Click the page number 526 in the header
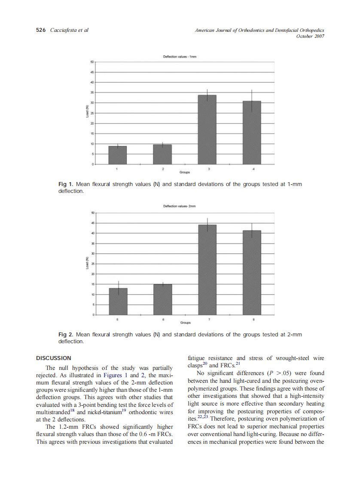[41, 30]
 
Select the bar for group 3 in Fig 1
[207, 129]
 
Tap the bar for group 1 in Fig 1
[117, 155]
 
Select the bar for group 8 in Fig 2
[252, 273]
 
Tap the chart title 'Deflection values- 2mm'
[180, 206]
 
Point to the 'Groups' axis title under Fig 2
[186, 323]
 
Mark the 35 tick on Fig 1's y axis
[92, 92]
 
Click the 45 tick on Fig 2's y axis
[92, 223]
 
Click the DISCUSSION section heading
[54, 358]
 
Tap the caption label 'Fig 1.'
[65, 184]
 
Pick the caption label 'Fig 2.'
[65, 334]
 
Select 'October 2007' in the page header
[310, 36]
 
